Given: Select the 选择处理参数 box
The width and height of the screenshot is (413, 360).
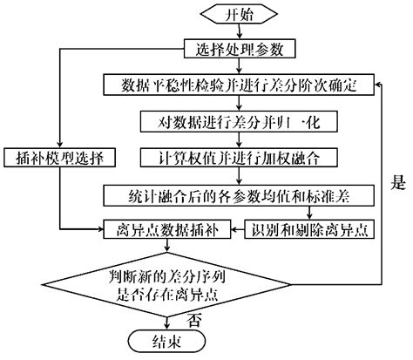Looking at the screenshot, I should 230,48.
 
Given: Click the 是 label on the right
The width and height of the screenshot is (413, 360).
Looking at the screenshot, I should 396,184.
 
